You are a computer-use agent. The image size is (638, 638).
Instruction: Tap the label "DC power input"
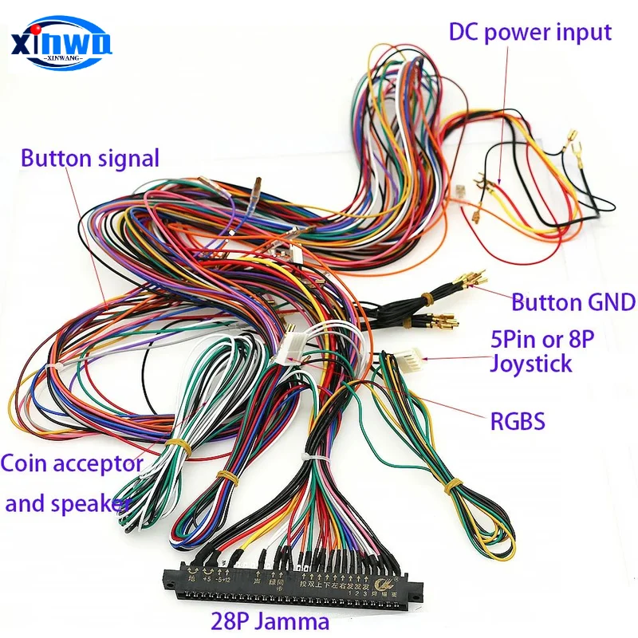click(530, 33)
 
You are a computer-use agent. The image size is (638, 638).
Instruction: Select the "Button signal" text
click(90, 158)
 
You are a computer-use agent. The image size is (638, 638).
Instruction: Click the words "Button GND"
click(573, 302)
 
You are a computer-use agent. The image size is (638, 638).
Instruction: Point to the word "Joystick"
click(530, 364)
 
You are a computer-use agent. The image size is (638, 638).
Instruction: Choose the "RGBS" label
click(517, 420)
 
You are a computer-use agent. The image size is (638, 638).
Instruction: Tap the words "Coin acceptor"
click(72, 463)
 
